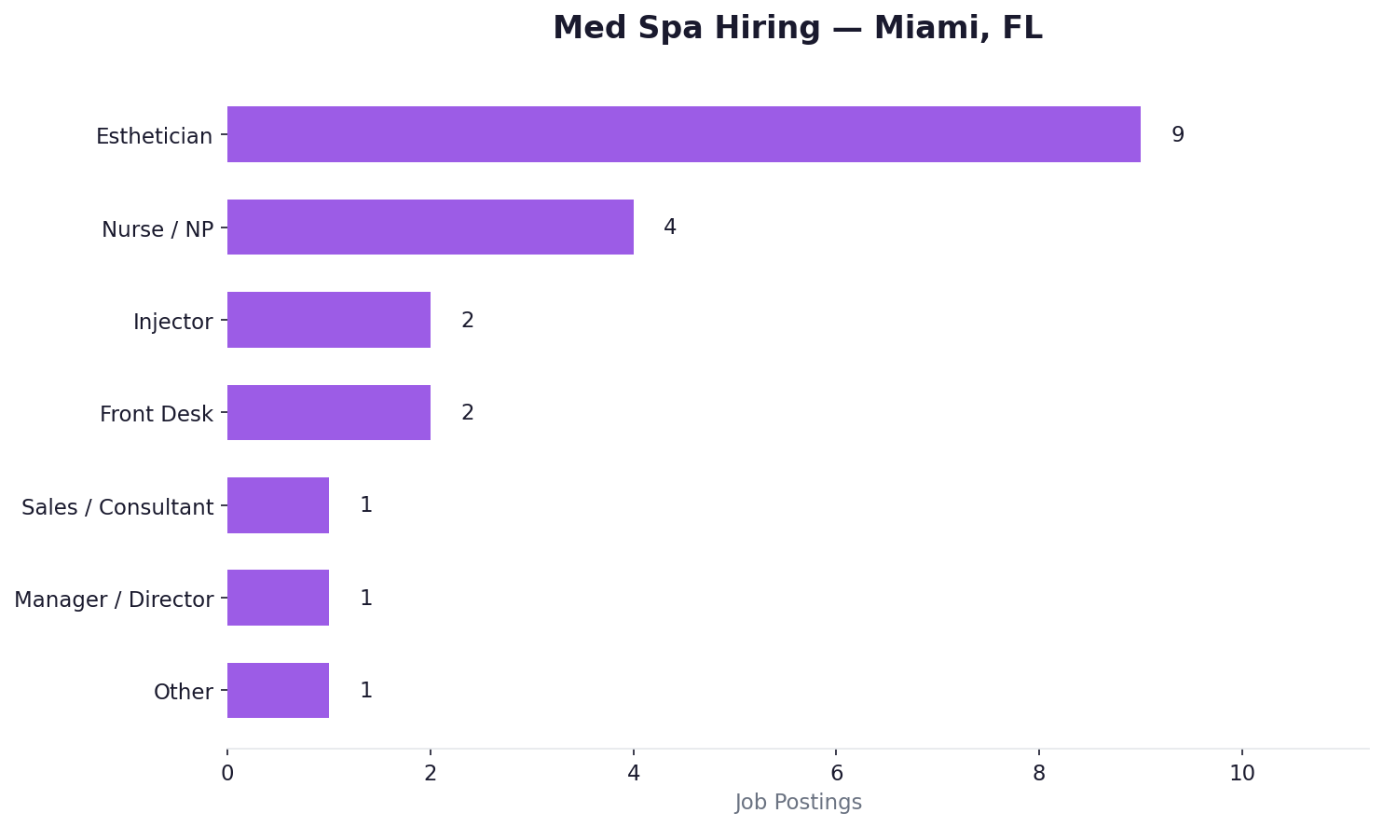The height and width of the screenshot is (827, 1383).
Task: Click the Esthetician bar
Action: click(x=683, y=134)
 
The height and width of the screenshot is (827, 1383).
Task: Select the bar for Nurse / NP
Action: click(x=430, y=227)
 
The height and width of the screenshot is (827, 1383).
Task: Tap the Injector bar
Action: click(x=328, y=320)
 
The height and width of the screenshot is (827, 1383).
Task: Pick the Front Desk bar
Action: click(x=328, y=412)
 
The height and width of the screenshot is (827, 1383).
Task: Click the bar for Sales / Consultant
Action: click(x=278, y=505)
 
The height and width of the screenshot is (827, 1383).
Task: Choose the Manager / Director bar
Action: click(x=278, y=598)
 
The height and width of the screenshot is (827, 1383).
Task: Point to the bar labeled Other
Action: click(x=278, y=690)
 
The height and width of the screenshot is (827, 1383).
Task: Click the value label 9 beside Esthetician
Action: click(x=1177, y=135)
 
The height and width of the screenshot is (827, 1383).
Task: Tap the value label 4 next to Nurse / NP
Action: click(x=669, y=227)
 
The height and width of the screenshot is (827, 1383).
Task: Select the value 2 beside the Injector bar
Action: click(x=467, y=321)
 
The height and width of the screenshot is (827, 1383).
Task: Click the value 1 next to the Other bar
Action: click(x=365, y=691)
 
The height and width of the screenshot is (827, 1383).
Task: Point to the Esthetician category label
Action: click(x=154, y=137)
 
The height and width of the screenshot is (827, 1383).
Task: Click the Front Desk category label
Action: click(x=156, y=414)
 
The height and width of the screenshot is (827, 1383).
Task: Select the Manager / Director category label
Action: click(x=114, y=600)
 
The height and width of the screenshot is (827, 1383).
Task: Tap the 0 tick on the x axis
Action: click(x=227, y=773)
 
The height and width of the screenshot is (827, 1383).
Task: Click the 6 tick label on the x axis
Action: click(x=836, y=773)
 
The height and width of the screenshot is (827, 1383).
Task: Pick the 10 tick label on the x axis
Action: click(x=1241, y=773)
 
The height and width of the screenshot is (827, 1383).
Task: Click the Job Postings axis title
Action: click(x=798, y=803)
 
